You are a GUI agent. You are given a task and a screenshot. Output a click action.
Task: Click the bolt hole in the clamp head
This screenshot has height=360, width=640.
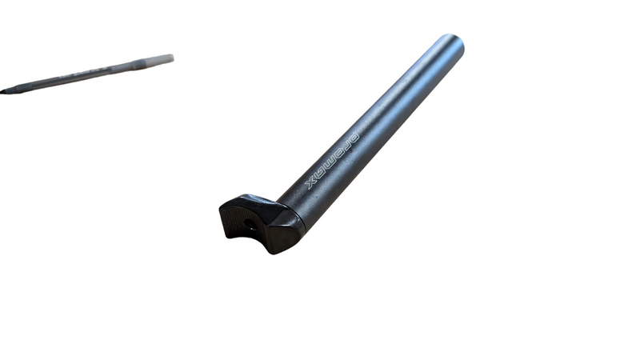pos(248,224)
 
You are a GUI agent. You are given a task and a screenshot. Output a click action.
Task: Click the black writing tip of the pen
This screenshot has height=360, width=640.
pos(3,91)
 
